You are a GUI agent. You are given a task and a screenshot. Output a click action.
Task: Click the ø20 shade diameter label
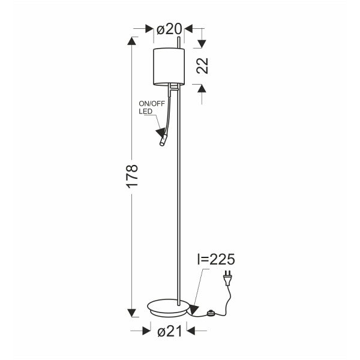(x=169, y=29)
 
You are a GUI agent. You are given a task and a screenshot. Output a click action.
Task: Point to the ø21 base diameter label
(x=169, y=331)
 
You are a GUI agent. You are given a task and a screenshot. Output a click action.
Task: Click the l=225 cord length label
(x=215, y=260)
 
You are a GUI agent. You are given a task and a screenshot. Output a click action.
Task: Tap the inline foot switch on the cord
(x=211, y=313)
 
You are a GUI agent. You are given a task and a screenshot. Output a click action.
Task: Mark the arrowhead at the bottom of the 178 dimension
(x=133, y=312)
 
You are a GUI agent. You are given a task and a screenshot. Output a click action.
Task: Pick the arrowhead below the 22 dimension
(x=202, y=88)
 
